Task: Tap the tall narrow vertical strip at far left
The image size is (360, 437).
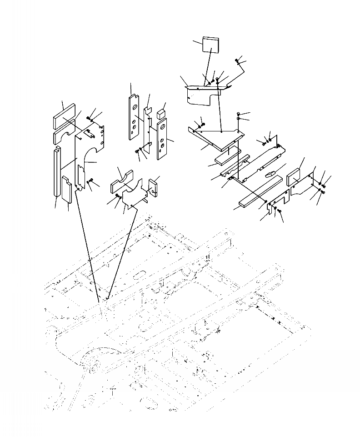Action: click(56, 171)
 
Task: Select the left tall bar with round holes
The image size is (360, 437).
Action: click(135, 116)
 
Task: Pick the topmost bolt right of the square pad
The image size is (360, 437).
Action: click(237, 60)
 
